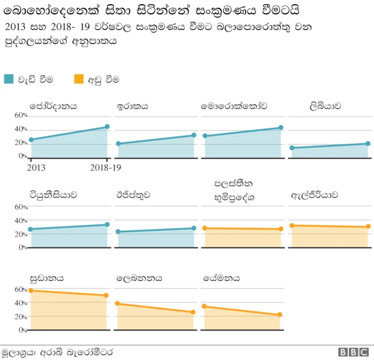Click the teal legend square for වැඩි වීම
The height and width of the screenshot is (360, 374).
click(9, 78)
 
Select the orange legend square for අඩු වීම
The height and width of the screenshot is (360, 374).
click(79, 78)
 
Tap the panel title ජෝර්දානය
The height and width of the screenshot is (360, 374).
click(53, 106)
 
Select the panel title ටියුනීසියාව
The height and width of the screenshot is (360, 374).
click(53, 195)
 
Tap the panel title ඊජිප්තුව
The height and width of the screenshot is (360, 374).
click(133, 195)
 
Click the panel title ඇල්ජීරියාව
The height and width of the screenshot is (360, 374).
click(314, 195)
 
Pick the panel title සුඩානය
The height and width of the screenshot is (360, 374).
click(47, 278)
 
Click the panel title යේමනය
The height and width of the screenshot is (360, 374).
click(221, 278)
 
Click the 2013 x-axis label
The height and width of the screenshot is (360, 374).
click(36, 168)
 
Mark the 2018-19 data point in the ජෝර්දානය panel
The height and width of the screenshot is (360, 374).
click(107, 127)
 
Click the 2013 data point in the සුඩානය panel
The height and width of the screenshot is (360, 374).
click(30, 290)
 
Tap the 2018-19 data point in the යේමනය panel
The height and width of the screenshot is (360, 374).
click(280, 314)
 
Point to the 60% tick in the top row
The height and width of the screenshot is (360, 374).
click(21, 115)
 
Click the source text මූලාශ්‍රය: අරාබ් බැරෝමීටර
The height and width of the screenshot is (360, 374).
click(57, 352)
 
